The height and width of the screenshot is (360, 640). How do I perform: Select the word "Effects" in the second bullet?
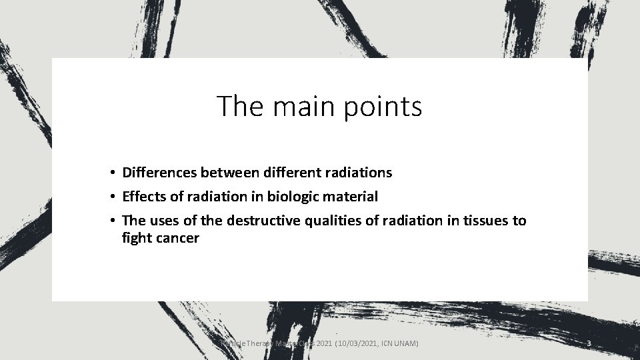pos(145,197)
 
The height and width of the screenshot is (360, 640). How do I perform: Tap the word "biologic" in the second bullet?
pos(293,197)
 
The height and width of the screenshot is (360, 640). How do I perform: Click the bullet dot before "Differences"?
pos(115,173)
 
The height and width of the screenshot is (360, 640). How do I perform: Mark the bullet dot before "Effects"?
pos(115,197)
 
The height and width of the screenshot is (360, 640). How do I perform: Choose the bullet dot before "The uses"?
pos(115,221)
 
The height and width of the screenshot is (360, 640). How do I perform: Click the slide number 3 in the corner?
pos(589,343)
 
